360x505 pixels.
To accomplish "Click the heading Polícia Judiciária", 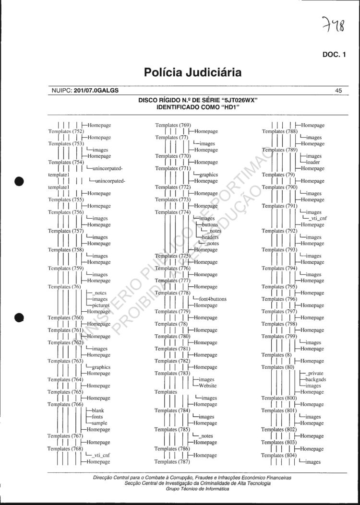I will pyautogui.click(x=192, y=72).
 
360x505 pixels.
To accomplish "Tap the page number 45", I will pyautogui.click(x=338, y=90).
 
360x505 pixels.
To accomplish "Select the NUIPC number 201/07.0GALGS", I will pyautogui.click(x=96, y=90).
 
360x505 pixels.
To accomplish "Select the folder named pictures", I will pyautogui.click(x=101, y=305).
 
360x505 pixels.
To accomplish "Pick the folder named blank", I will pyautogui.click(x=98, y=411).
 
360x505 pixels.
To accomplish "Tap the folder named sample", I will pyautogui.click(x=99, y=423).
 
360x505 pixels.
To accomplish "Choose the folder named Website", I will pyautogui.click(x=207, y=386).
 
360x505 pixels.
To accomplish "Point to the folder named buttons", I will pyautogui.click(x=210, y=224).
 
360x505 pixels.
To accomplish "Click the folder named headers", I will pyautogui.click(x=210, y=237).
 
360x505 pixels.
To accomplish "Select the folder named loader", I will pyautogui.click(x=312, y=162).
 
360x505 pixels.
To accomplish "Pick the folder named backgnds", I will pyautogui.click(x=315, y=379).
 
